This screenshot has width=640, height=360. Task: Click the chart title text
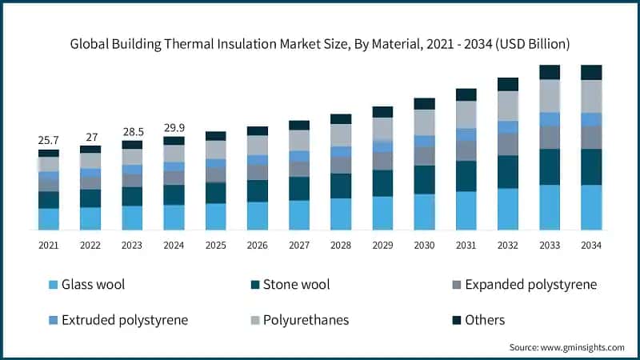319,42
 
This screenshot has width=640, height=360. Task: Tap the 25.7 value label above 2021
49,140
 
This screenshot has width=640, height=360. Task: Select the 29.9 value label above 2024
174,127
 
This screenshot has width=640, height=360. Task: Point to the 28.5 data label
132,131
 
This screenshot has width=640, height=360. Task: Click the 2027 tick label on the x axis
299,245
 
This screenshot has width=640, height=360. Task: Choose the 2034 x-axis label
591,245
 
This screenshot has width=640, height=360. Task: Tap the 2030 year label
424,245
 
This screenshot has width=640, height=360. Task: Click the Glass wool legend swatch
54,285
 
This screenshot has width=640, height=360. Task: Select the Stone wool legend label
297,284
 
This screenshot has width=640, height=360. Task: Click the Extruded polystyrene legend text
125,320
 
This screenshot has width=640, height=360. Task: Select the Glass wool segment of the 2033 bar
550,207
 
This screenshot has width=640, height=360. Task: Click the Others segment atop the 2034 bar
591,73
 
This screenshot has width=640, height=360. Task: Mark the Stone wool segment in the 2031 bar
466,176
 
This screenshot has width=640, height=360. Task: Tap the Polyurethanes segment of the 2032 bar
508,106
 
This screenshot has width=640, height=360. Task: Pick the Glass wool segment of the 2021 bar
49,219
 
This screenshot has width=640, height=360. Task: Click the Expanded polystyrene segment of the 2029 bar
382,161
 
